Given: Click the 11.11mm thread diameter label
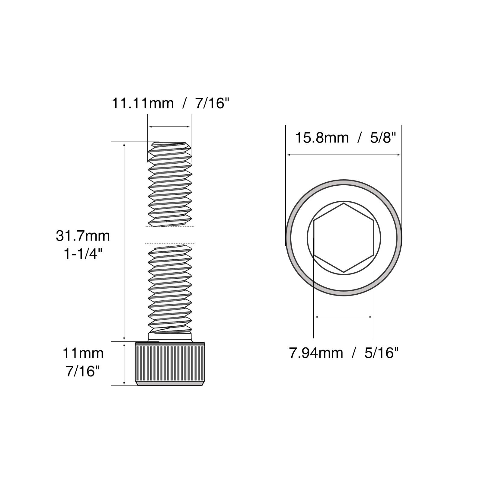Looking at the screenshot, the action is tap(143, 103).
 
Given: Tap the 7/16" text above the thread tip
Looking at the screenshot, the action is tap(213, 103).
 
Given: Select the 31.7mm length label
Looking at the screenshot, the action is tap(83, 236).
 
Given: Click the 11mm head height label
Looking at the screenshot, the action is tap(83, 353).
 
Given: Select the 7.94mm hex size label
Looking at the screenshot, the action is tap(316, 353).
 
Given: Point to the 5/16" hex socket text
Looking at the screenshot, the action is tap(382, 353).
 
